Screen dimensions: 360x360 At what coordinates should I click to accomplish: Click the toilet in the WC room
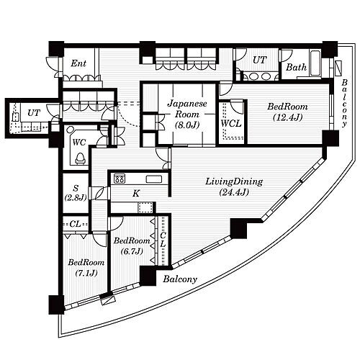point(81,159)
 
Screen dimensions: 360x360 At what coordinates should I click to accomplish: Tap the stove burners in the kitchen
point(120,179)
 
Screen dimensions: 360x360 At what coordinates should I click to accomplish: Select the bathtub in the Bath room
point(315,63)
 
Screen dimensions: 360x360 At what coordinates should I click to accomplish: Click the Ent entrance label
point(78,63)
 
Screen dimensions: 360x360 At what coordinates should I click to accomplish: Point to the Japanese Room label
point(187,109)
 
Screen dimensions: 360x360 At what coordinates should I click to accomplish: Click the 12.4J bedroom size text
point(287,117)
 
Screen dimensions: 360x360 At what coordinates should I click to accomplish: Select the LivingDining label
point(234,182)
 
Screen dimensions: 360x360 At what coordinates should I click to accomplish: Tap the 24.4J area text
point(234,192)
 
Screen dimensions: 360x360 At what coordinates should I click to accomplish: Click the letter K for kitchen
point(136,194)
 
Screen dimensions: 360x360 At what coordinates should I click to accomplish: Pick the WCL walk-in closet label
point(231,124)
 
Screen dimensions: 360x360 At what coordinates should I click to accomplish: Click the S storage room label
point(76,188)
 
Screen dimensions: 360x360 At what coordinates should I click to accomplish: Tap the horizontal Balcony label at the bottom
point(180,279)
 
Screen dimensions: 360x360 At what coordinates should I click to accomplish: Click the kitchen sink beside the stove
point(154,179)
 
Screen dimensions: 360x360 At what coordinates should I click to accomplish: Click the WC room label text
point(79,143)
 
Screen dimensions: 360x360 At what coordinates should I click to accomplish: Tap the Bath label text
point(296,67)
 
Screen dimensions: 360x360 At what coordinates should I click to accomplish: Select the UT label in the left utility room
point(34,112)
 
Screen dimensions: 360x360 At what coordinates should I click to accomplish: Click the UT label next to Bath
point(260,60)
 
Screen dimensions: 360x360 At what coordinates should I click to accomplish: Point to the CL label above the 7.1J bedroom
point(75,224)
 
